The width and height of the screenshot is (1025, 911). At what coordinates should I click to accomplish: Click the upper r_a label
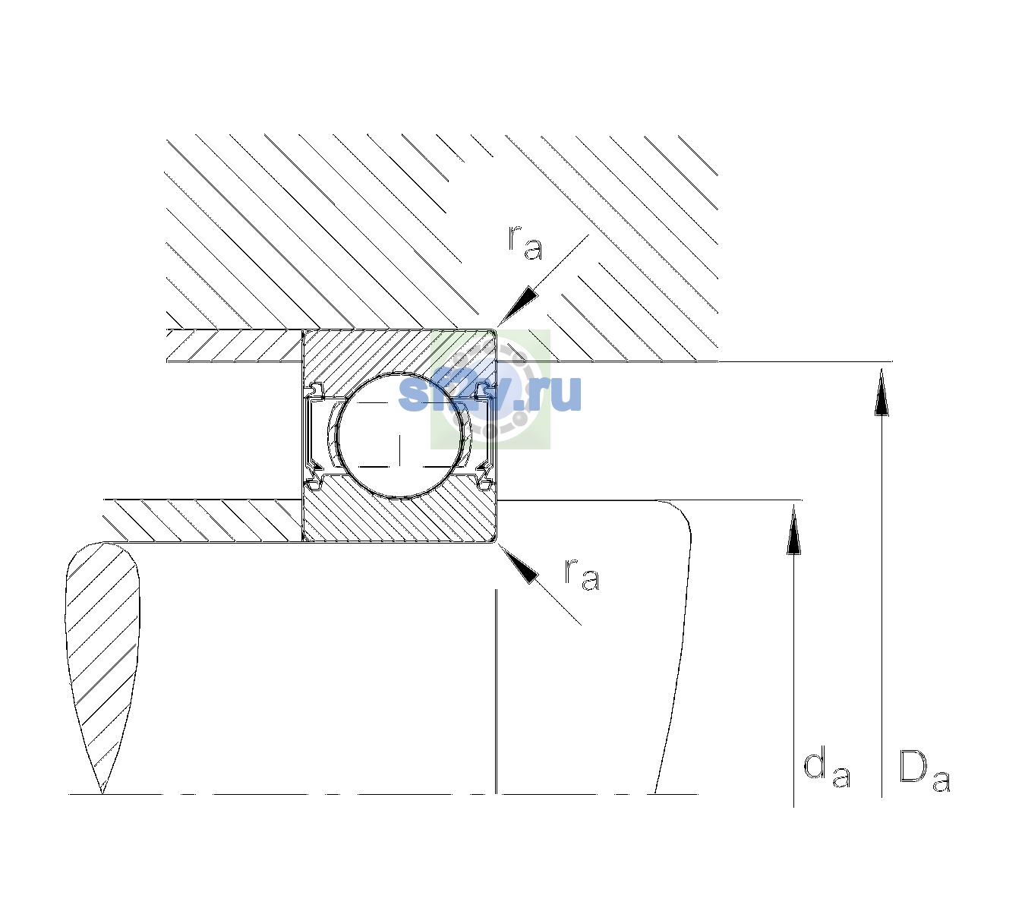click(525, 243)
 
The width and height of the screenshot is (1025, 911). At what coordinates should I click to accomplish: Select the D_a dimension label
click(924, 772)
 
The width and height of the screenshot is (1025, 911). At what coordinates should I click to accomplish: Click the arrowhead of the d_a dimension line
click(793, 528)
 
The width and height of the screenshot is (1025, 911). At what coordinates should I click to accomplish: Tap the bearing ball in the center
click(400, 436)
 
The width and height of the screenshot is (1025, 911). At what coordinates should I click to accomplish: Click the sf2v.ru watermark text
click(490, 392)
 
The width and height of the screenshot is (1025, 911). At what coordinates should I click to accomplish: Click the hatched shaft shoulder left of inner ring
click(203, 521)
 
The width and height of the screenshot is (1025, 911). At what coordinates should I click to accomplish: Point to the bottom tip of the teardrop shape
click(102, 793)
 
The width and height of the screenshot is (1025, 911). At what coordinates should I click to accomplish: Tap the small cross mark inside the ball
click(400, 449)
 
